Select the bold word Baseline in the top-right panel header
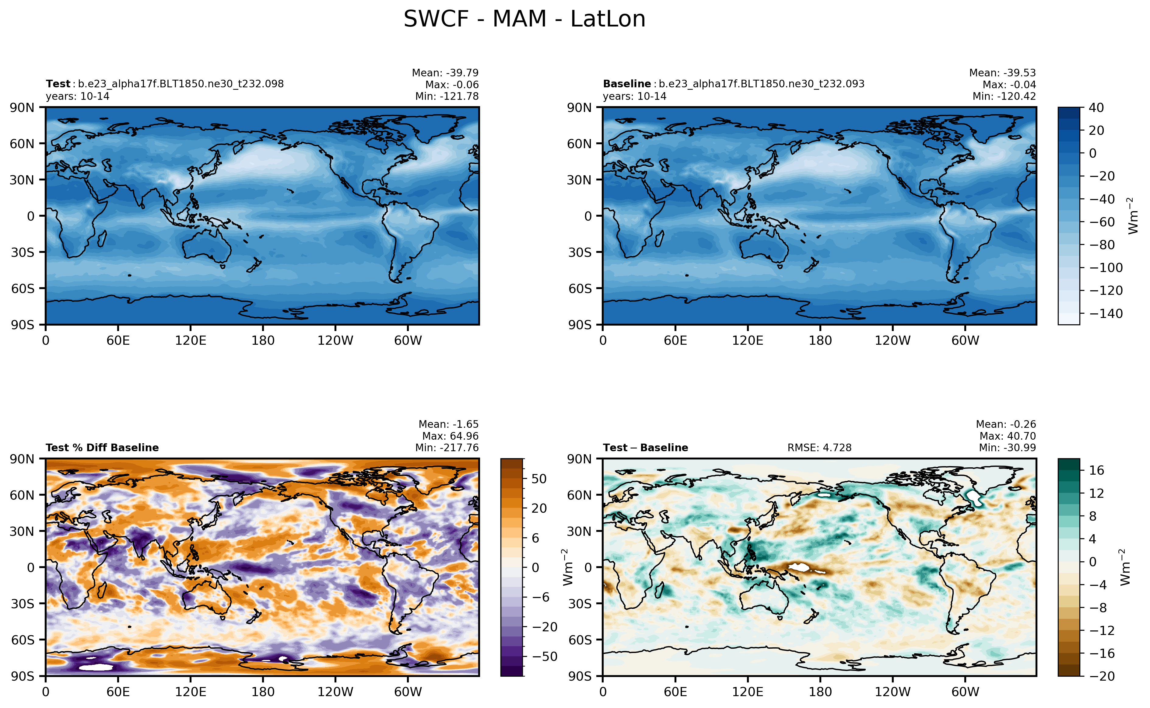click(x=626, y=84)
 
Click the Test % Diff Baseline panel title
click(x=102, y=448)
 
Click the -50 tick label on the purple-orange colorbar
click(x=544, y=657)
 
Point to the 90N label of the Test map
click(x=22, y=108)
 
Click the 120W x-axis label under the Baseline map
click(x=892, y=340)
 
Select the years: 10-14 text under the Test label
click(x=78, y=96)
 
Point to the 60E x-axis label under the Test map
click(x=118, y=340)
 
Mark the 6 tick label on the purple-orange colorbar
click(x=535, y=538)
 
